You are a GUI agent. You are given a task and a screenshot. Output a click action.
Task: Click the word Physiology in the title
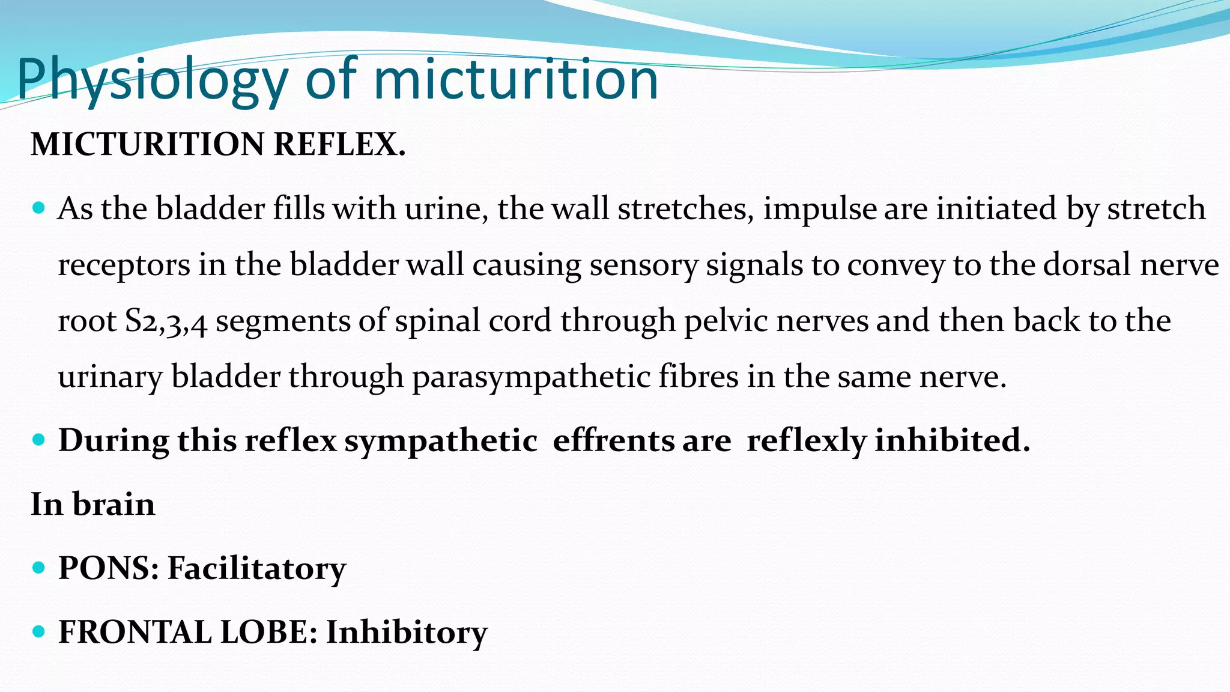coord(153,80)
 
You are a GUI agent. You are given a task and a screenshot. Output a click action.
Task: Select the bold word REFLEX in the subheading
coord(339,145)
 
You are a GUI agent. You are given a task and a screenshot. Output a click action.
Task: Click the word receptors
coord(124,265)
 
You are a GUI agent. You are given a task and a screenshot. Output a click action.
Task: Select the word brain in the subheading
coord(114,504)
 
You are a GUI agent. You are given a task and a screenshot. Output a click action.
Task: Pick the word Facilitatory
coord(256,568)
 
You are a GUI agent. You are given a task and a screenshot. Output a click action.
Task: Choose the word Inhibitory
coord(407,632)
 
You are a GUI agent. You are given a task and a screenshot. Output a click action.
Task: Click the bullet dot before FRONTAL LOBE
coord(39,631)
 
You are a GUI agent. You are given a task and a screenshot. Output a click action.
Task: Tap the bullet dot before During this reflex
coord(39,440)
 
